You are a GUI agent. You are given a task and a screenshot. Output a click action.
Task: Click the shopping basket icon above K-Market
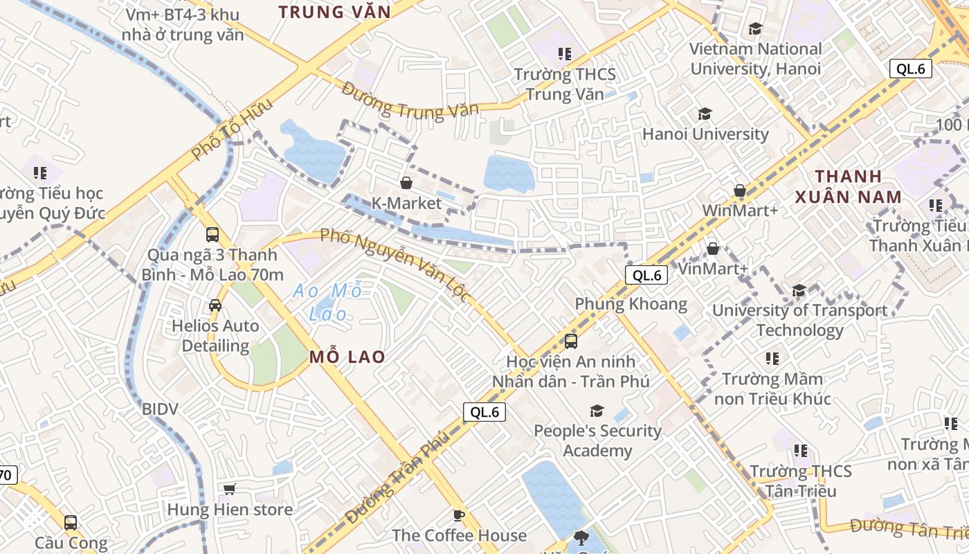tap(406, 183)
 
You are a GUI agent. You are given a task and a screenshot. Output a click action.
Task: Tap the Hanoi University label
tap(705, 134)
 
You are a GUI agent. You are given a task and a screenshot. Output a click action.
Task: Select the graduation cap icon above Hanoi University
tap(705, 114)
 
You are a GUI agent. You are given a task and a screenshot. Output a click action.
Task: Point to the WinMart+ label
tap(740, 210)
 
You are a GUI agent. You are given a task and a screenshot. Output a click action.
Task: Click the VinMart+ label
tap(713, 268)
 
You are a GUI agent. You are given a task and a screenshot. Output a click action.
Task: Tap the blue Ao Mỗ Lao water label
tap(327, 302)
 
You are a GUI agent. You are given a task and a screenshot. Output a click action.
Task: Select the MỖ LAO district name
tap(347, 357)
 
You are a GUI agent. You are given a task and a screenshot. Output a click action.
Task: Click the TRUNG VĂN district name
tap(334, 12)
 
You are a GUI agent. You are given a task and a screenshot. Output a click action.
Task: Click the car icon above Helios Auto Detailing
tap(215, 305)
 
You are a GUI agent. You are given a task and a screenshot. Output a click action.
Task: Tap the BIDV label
tap(160, 409)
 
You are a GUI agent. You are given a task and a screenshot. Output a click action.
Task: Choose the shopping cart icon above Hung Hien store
tap(230, 490)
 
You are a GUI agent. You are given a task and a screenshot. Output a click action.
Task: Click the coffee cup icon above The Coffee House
tap(458, 515)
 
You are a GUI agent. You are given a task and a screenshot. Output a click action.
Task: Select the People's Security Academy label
tap(597, 440)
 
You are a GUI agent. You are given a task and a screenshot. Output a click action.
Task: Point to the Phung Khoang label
tap(631, 304)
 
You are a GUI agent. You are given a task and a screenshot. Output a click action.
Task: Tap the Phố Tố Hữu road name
tap(232, 130)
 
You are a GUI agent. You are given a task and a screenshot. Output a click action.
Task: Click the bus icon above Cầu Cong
tap(70, 523)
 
